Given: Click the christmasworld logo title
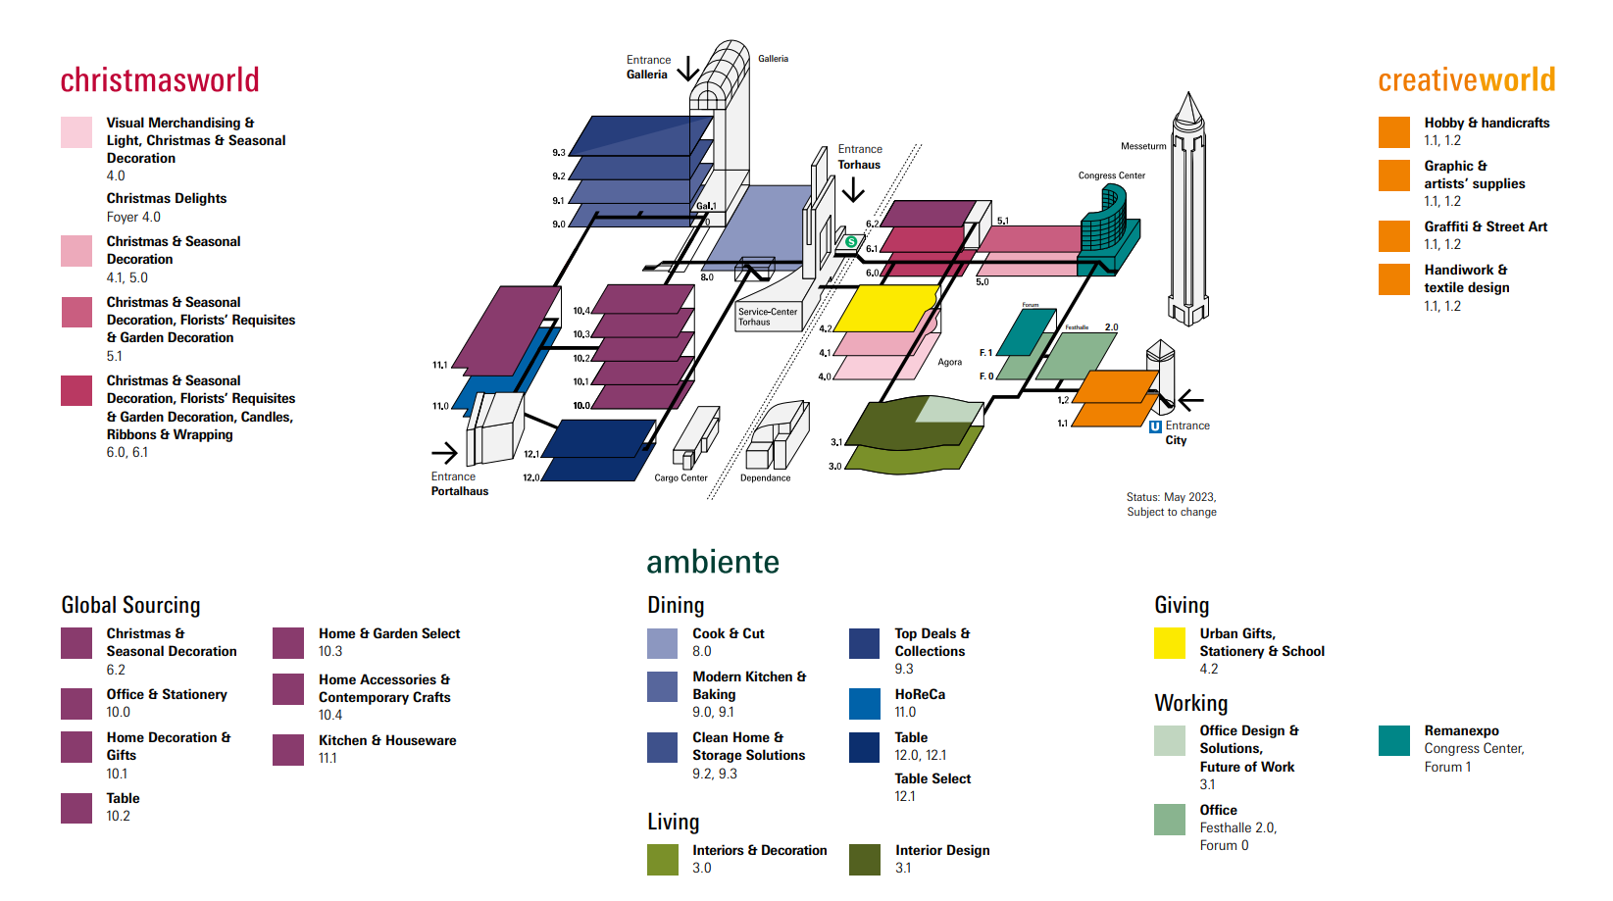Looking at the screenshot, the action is [x=160, y=80].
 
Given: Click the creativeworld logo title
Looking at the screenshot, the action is [x=1467, y=80].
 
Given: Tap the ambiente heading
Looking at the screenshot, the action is [x=713, y=562].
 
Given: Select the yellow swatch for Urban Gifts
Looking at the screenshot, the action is [x=1170, y=643].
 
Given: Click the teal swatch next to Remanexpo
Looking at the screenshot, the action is [x=1394, y=740].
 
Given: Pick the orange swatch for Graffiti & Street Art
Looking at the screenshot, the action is [x=1394, y=236].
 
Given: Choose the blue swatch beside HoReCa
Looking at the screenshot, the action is [x=864, y=704].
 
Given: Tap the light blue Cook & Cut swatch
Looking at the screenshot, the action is [x=663, y=643].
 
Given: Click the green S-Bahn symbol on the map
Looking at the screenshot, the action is [x=851, y=242].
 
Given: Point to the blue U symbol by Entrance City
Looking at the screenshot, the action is [x=1155, y=426].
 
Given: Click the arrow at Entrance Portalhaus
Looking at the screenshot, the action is [x=444, y=453].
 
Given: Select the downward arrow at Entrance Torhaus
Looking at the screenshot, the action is [x=853, y=189].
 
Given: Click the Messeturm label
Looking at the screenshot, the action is [x=1143, y=146].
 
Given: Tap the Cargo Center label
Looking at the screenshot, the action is [x=680, y=477].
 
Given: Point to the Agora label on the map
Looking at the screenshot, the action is [x=950, y=363].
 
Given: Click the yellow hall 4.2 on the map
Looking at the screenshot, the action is [x=885, y=308].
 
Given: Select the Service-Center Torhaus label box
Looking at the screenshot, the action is [x=769, y=317].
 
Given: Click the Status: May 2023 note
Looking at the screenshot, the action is [x=1172, y=504].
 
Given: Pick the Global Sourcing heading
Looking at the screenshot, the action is [x=130, y=605].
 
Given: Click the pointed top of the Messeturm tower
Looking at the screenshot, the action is [x=1188, y=93].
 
